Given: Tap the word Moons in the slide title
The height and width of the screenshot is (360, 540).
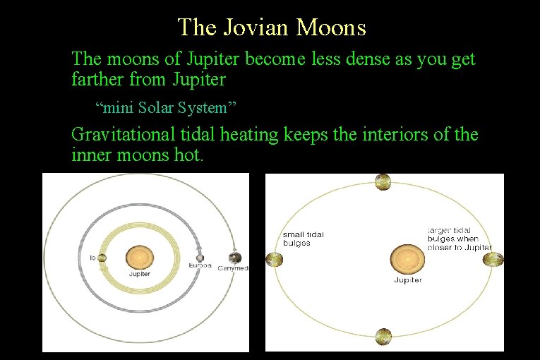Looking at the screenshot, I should pos(332,28).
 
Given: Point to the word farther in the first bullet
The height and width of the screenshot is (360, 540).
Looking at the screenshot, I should pos(97,79).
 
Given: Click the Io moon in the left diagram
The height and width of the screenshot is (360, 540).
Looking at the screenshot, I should pos(102,258).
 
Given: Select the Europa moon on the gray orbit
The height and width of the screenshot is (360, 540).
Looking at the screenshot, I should pos(200,257).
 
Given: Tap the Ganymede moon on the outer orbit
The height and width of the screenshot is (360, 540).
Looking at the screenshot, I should pos(235,258).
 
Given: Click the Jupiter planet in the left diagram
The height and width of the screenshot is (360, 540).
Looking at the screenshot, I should pos(139,257).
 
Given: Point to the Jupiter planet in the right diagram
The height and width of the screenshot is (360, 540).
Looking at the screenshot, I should pos(407,259).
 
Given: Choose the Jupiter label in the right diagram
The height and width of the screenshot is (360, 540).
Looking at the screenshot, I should pos(407,280).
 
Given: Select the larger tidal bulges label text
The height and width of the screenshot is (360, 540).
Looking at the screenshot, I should pos(460,239).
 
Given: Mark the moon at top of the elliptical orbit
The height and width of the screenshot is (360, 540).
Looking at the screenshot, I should pos(383,182).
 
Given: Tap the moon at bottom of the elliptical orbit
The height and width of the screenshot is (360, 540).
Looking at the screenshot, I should pos(383,337).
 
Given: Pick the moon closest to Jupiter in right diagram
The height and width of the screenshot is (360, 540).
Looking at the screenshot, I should pos(493,260).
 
